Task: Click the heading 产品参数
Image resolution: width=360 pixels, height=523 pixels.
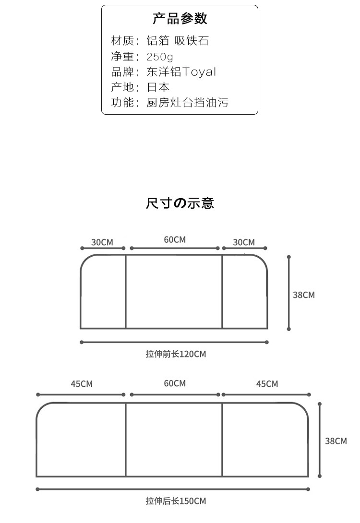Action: (180, 19)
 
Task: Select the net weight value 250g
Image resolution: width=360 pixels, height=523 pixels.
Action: (159, 57)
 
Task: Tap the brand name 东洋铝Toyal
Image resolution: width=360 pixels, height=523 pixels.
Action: (181, 71)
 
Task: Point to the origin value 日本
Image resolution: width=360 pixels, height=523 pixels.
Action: (158, 87)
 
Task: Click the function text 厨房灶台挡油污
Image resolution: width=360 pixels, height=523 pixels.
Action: (188, 102)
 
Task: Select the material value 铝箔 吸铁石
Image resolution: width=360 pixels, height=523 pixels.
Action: (178, 41)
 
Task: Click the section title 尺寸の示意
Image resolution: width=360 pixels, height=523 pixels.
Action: (180, 203)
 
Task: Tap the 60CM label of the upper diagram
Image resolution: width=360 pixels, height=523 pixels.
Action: (175, 239)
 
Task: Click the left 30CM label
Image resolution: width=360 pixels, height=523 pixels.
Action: (102, 242)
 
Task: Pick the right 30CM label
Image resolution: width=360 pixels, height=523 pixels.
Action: (243, 242)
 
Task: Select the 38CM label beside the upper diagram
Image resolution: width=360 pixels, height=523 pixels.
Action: (304, 295)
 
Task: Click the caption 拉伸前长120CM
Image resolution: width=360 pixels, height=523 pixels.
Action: (176, 354)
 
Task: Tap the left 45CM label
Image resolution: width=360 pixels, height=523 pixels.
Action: (82, 384)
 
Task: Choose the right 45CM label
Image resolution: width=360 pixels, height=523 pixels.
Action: (267, 384)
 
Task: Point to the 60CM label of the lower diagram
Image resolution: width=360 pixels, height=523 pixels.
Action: (175, 383)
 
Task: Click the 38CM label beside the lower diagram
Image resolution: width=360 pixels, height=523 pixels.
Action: (336, 441)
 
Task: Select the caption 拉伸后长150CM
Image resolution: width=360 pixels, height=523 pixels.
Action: (176, 501)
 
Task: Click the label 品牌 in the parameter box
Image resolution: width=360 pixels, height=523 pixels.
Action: (122, 71)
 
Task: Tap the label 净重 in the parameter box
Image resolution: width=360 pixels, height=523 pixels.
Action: (122, 56)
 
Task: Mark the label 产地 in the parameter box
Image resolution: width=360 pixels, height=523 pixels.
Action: (122, 87)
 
